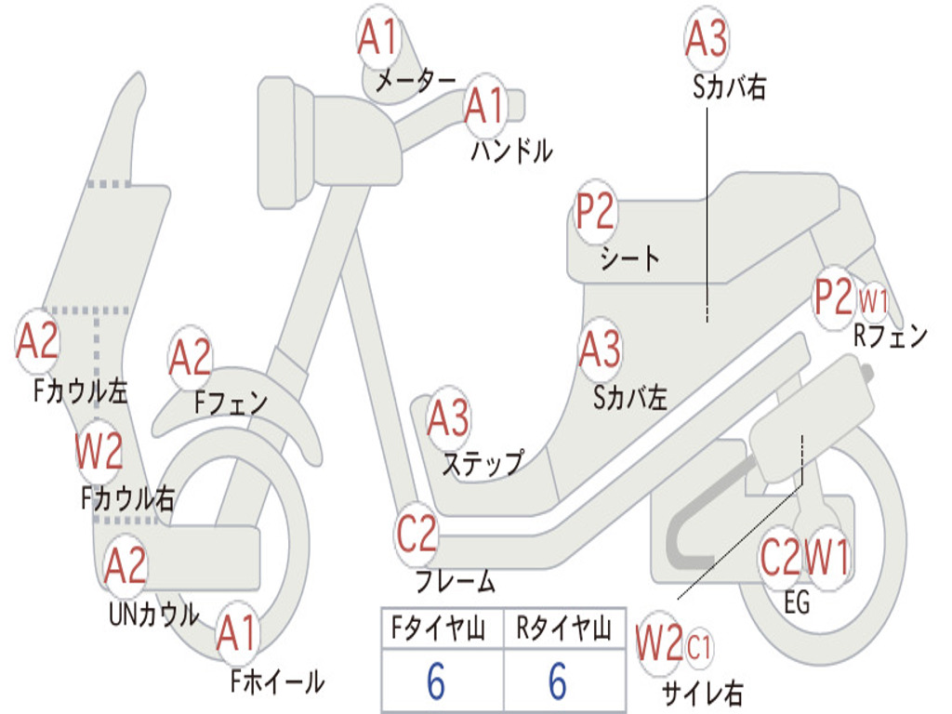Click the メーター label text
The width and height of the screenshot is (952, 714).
click(416, 82)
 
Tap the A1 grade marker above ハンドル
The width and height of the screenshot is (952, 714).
click(483, 105)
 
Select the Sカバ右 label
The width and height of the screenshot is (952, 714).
click(728, 87)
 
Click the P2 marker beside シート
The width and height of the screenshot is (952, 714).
click(595, 212)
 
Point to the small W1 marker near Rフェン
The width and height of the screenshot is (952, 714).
click(874, 301)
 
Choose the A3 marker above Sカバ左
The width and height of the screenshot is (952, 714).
click(600, 349)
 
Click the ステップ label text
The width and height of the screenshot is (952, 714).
click(482, 462)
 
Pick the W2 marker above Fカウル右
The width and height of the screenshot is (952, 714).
click(99, 452)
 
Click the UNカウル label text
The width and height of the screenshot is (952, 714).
click(154, 615)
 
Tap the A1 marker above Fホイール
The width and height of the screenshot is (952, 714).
click(237, 635)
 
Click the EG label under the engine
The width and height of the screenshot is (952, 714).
click(797, 604)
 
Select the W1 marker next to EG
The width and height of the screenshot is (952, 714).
click(827, 559)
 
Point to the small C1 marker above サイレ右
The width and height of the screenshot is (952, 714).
click(700, 646)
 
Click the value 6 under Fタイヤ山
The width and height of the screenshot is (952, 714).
click(436, 682)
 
